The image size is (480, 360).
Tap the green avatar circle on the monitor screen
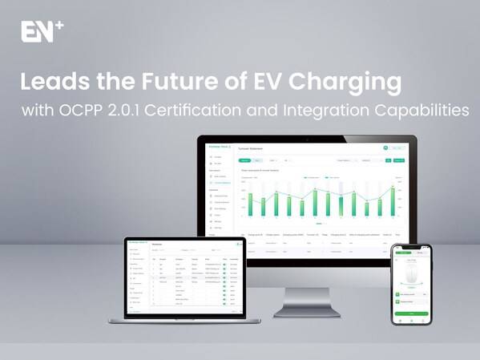tap(385, 147)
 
